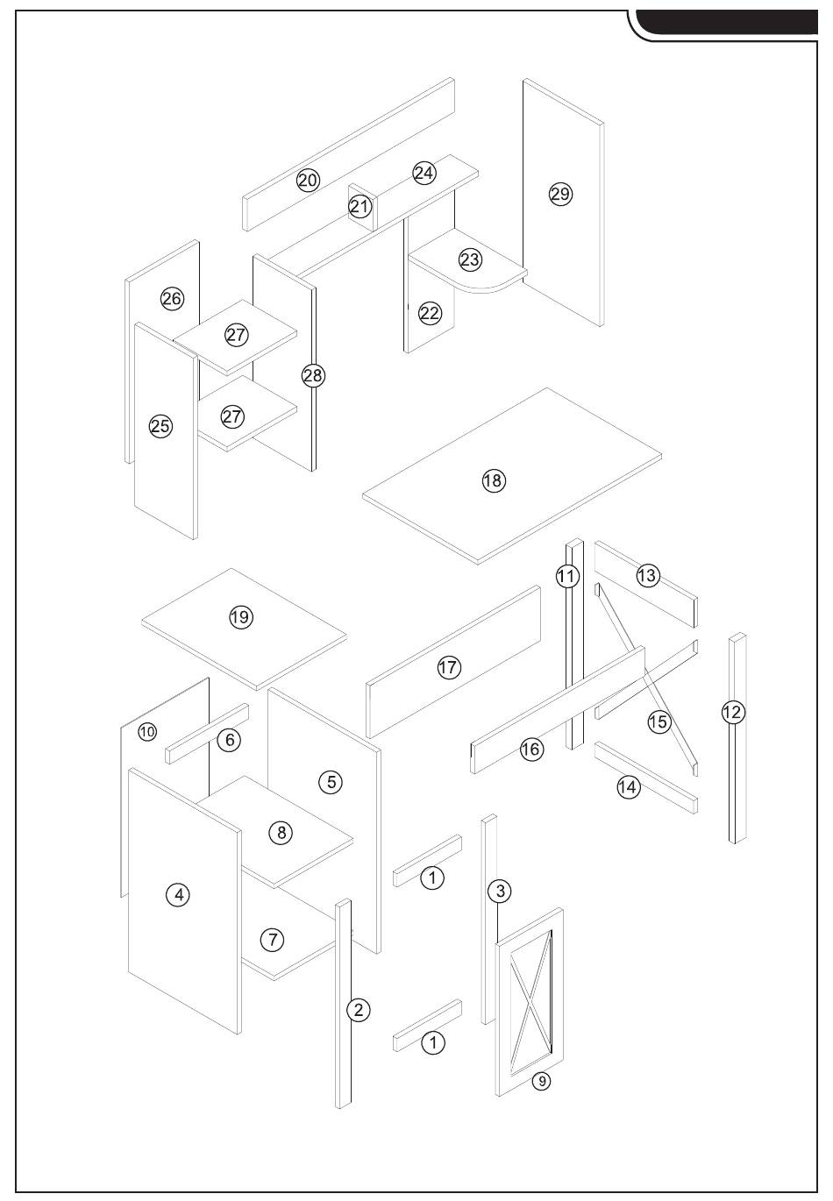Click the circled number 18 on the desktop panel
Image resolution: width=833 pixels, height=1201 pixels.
tap(494, 480)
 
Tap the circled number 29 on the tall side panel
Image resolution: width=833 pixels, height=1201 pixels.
tap(560, 194)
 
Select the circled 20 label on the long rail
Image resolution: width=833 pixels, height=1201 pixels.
tap(308, 181)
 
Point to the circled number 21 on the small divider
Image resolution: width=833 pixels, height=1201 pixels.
tap(360, 207)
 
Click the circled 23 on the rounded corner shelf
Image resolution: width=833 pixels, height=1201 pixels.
tap(470, 259)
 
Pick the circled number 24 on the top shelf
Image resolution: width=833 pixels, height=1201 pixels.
tap(424, 173)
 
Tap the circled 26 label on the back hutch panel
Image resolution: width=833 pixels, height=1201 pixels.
tap(172, 299)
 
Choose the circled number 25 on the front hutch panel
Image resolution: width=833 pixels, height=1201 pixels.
tap(160, 427)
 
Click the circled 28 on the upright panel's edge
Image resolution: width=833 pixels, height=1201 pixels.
tap(313, 375)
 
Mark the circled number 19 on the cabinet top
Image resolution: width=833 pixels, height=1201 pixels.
tap(240, 617)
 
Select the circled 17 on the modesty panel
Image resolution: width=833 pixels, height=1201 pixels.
tap(448, 668)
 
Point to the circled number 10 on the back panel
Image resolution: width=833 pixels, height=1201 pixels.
tap(147, 731)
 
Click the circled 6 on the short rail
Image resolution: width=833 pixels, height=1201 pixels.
tap(229, 740)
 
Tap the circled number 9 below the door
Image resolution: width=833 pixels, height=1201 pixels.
tap(542, 1081)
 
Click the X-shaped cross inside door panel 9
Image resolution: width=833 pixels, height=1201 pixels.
tap(530, 996)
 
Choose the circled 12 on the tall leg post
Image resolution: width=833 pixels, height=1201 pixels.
tap(733, 712)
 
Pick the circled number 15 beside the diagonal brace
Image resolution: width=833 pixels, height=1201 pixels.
tap(659, 721)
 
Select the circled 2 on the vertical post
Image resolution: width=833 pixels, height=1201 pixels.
tap(357, 1010)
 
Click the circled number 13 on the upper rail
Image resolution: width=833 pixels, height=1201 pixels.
tap(647, 576)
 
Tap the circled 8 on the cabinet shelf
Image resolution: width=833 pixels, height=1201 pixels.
tap(281, 832)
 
